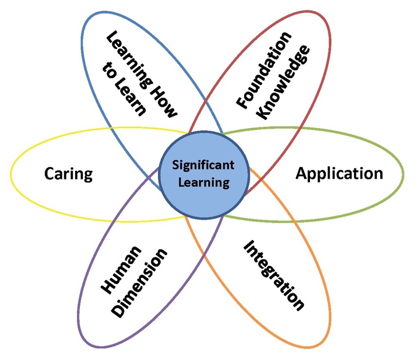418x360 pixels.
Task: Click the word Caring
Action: click(x=68, y=174)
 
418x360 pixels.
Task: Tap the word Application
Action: click(x=339, y=173)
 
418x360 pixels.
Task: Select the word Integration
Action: click(x=273, y=275)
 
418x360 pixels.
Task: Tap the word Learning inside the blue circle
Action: click(x=204, y=183)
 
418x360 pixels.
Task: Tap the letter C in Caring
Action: click(x=49, y=174)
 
